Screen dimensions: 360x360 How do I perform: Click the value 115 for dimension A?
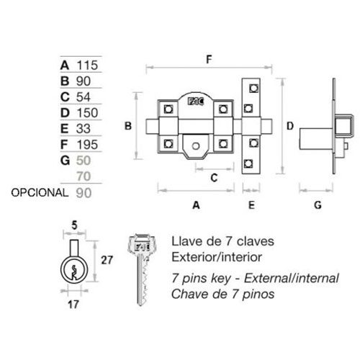pos(87,65)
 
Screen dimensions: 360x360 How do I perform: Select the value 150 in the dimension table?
pos(87,112)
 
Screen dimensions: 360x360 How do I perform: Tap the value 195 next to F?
pos(87,145)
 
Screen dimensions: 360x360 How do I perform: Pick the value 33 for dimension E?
pos(84,129)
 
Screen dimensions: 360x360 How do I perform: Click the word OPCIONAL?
pos(40,192)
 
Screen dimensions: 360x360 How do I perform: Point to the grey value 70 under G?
pos(84,176)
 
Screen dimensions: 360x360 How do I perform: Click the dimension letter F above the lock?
pos(209,59)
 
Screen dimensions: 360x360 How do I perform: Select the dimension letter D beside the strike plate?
pos(290,126)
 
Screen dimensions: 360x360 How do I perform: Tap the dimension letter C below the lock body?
pos(214,178)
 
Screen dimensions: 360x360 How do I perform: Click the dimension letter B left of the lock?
pos(128,126)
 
